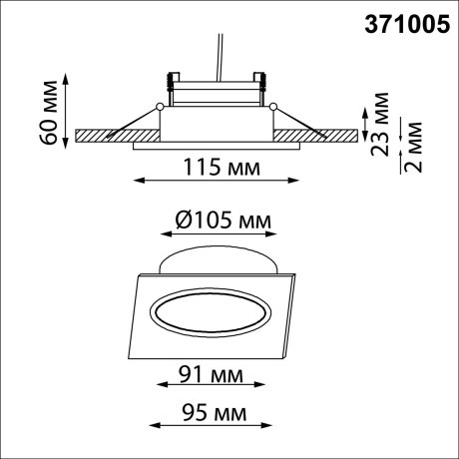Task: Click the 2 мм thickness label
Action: pyautogui.click(x=417, y=146)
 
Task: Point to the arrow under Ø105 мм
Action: pyautogui.click(x=217, y=234)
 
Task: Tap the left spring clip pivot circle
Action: pyautogui.click(x=160, y=106)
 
